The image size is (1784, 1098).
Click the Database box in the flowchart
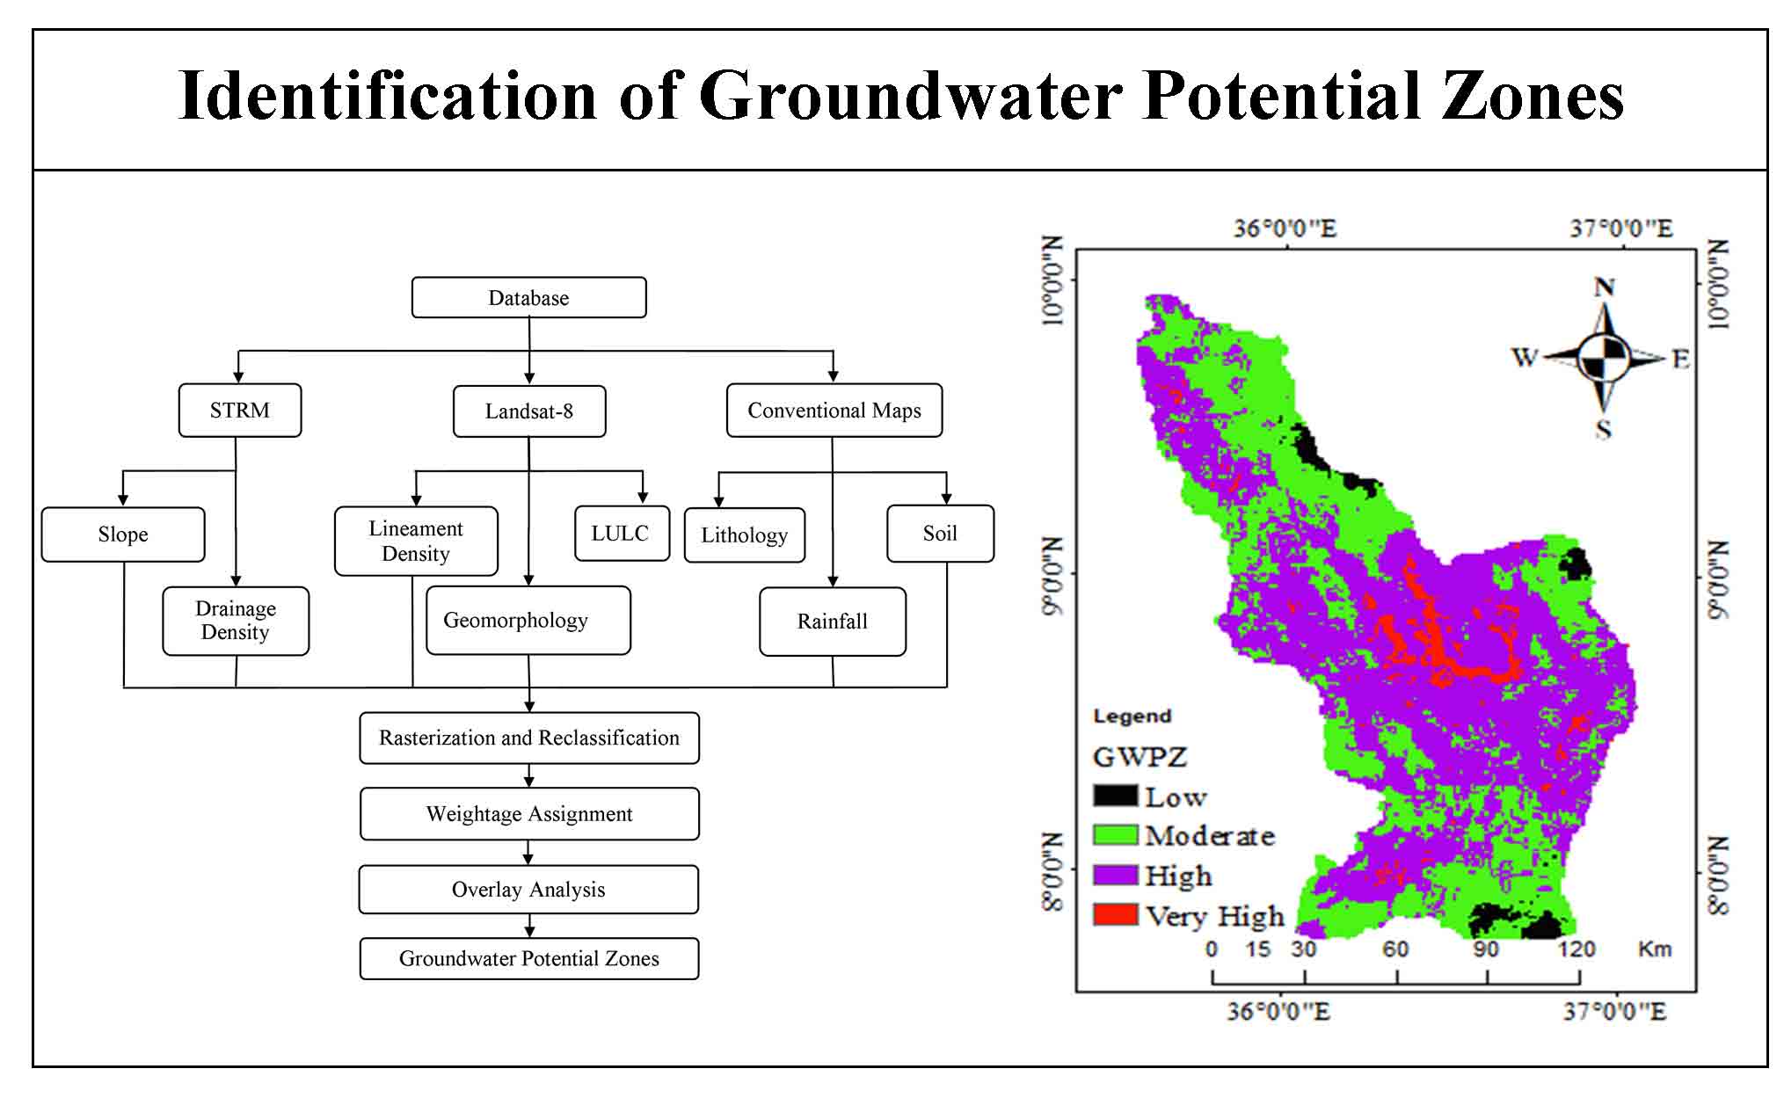(x=528, y=297)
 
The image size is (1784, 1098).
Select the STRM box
(x=240, y=410)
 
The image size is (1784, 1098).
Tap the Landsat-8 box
(x=529, y=411)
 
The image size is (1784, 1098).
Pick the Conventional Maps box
(x=834, y=410)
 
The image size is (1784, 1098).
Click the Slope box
(x=123, y=534)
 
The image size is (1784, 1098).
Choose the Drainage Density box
(x=236, y=621)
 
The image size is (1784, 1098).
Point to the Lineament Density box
(x=416, y=541)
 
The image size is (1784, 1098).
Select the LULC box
(x=622, y=533)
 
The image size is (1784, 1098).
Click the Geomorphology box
(x=528, y=621)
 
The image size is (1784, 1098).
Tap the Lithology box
(x=745, y=534)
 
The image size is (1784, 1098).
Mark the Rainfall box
(x=833, y=622)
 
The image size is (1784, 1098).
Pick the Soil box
(x=940, y=533)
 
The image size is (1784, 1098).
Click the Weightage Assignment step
(x=529, y=814)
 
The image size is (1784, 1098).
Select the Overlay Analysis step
(x=528, y=890)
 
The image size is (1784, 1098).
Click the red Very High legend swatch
(x=1115, y=914)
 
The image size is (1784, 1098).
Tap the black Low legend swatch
(x=1115, y=795)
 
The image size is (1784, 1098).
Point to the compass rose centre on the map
(x=1604, y=358)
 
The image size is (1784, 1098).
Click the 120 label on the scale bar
(x=1576, y=949)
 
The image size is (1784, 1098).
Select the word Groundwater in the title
(x=910, y=95)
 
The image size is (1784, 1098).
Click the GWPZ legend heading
(x=1140, y=757)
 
